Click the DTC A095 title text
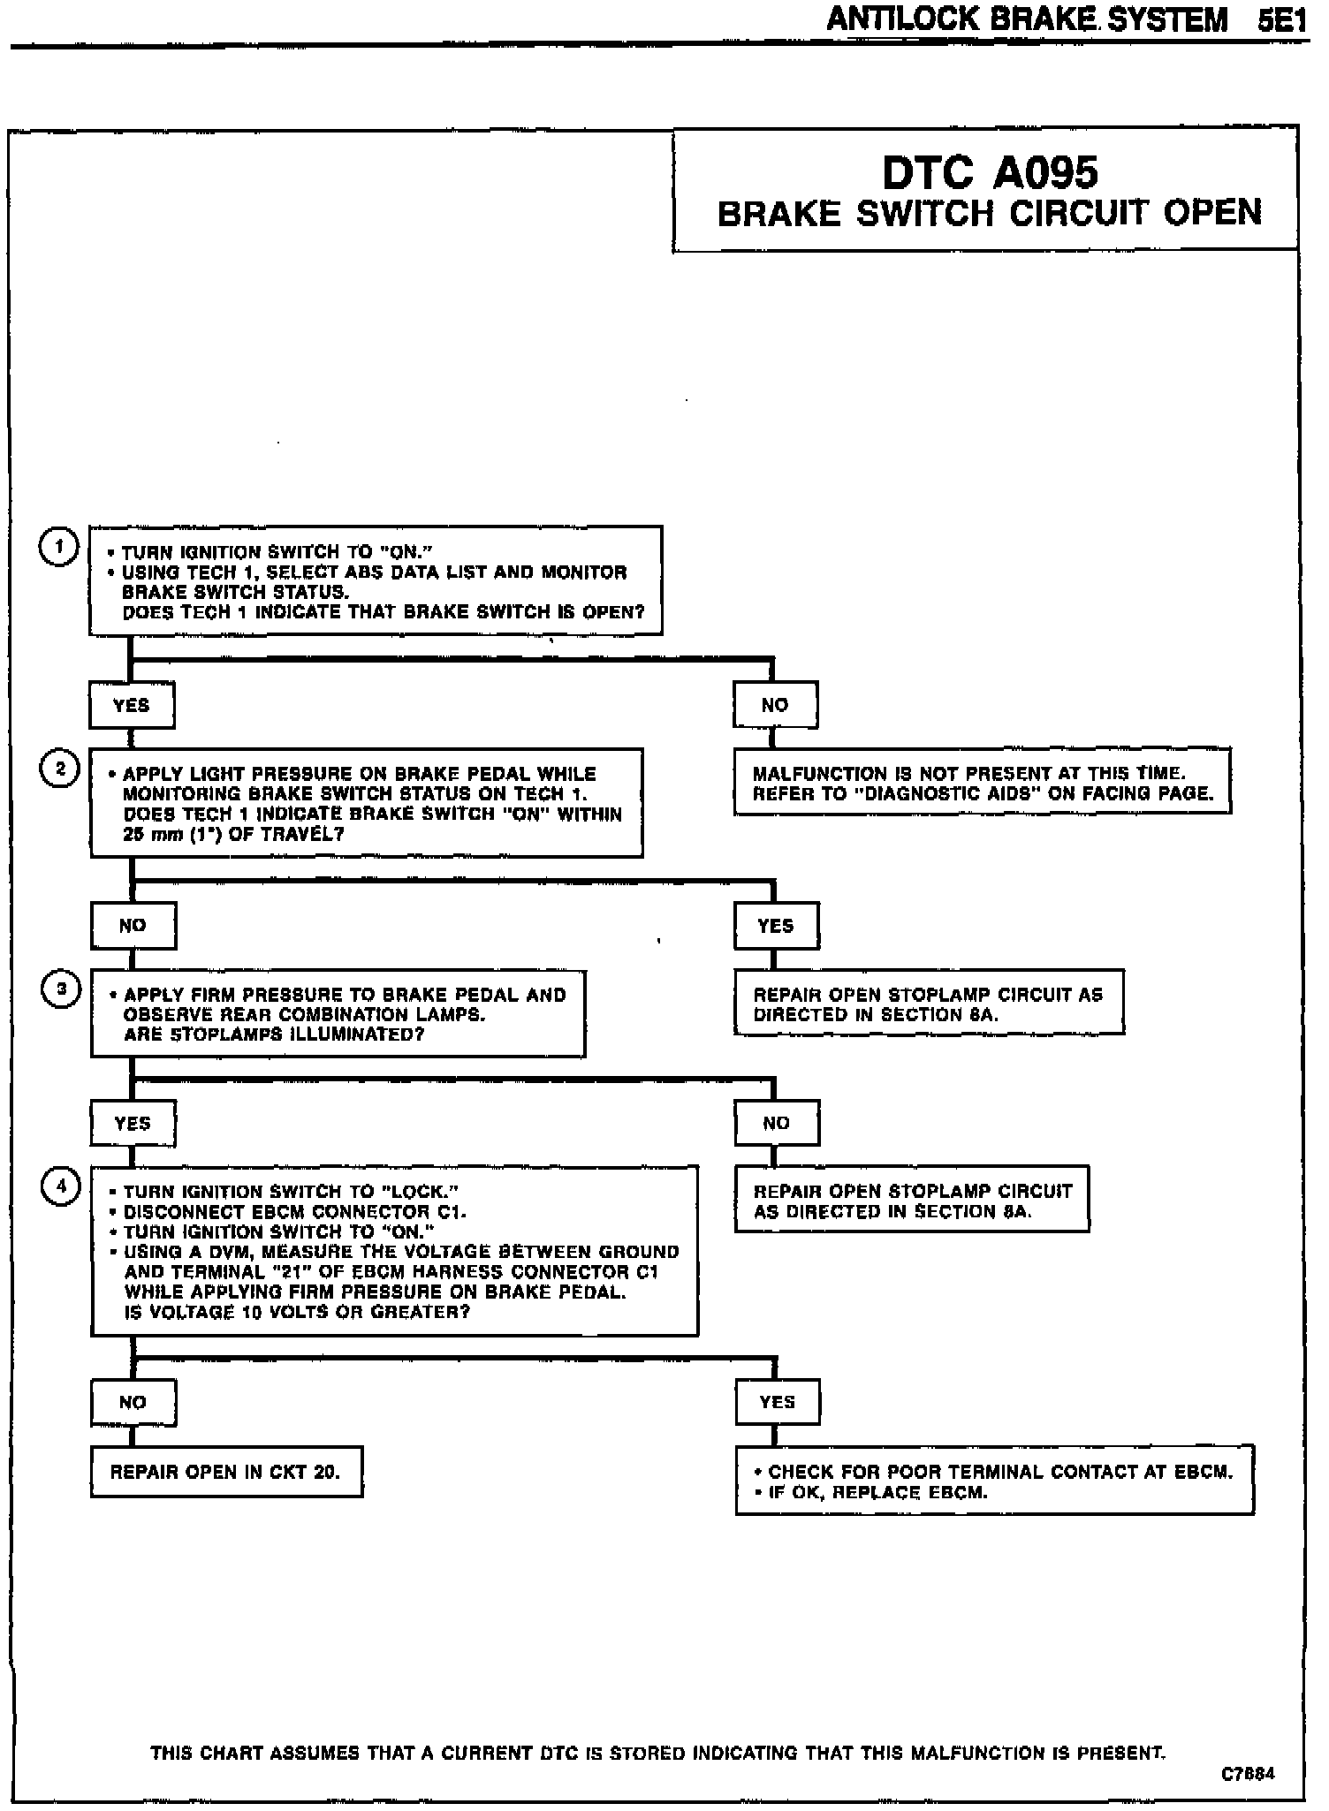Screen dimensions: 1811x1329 coord(990,173)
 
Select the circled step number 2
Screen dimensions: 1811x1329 coord(60,769)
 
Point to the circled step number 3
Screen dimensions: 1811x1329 coord(61,989)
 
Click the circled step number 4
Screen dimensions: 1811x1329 coord(61,1187)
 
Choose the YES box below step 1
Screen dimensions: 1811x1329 coord(132,705)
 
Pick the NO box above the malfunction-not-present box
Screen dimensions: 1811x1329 coord(775,705)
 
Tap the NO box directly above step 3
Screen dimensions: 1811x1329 coord(133,926)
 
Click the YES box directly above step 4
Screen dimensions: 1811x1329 coord(133,1124)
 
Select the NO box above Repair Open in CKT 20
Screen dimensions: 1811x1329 coord(133,1402)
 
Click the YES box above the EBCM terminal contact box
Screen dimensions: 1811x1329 coord(777,1402)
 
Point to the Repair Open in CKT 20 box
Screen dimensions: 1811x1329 coord(226,1472)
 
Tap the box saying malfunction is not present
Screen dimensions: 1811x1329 coord(982,783)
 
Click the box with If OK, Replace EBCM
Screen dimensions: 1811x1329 coord(994,1481)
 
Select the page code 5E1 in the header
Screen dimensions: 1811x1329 coord(1282,19)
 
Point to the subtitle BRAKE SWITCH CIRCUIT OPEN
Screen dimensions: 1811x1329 coord(990,214)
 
